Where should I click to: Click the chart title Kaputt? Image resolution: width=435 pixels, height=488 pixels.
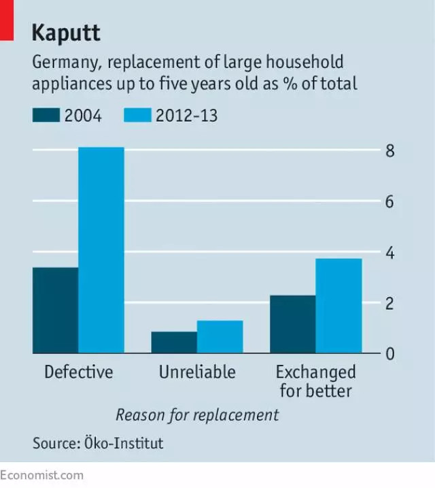66,32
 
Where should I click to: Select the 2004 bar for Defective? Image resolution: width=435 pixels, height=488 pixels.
55,310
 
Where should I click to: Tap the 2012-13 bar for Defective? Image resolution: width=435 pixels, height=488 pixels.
101,250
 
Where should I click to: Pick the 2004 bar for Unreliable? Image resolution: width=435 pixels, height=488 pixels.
174,342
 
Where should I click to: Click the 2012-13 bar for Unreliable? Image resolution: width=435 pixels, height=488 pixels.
220,337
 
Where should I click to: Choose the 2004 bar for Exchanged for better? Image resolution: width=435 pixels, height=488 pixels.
292,324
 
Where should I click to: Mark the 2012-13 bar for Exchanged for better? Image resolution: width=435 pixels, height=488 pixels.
338,306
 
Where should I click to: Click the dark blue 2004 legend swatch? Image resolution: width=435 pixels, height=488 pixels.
46,115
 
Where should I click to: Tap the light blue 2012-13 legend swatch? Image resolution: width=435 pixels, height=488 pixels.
137,115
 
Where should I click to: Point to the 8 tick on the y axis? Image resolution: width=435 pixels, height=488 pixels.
390,151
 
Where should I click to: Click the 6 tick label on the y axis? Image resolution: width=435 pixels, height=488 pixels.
390,202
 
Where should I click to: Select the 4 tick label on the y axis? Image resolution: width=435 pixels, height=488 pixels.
390,253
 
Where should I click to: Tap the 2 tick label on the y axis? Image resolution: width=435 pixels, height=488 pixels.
390,304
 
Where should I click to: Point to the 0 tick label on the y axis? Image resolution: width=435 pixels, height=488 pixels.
390,354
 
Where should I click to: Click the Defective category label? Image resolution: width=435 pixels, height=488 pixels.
78,372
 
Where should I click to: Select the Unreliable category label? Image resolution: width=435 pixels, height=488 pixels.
197,372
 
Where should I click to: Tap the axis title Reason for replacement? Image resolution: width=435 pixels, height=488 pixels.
197,414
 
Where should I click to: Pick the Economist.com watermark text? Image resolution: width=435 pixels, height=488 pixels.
42,475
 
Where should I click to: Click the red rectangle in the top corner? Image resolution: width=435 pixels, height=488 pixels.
7,19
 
